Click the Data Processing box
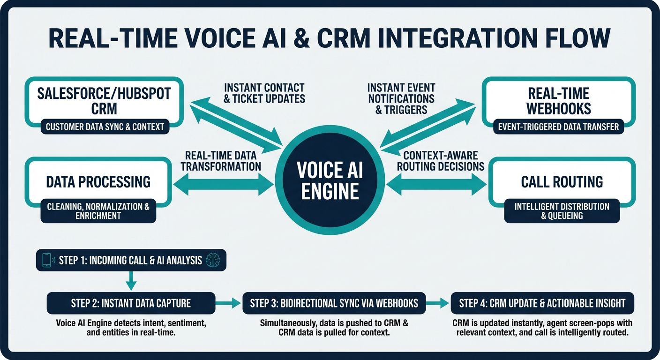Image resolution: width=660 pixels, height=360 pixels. tap(98, 181)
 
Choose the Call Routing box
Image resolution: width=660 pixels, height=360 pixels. tap(562, 181)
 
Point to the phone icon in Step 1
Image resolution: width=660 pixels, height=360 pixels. tap(47, 261)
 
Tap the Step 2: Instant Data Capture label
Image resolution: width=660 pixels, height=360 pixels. tap(131, 303)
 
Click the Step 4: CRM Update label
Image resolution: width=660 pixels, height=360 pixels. tap(542, 303)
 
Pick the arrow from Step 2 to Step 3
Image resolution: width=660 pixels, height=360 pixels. tap(229, 303)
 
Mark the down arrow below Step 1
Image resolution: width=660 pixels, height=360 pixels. tap(131, 281)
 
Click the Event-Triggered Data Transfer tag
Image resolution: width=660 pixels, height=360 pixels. tap(558, 126)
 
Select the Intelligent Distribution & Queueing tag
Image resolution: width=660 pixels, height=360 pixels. tap(562, 211)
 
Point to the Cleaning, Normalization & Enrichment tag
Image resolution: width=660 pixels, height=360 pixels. tap(98, 211)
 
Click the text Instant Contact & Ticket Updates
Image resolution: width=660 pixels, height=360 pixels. tap(264, 93)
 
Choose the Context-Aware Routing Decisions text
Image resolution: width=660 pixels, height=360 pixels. tap(441, 161)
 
